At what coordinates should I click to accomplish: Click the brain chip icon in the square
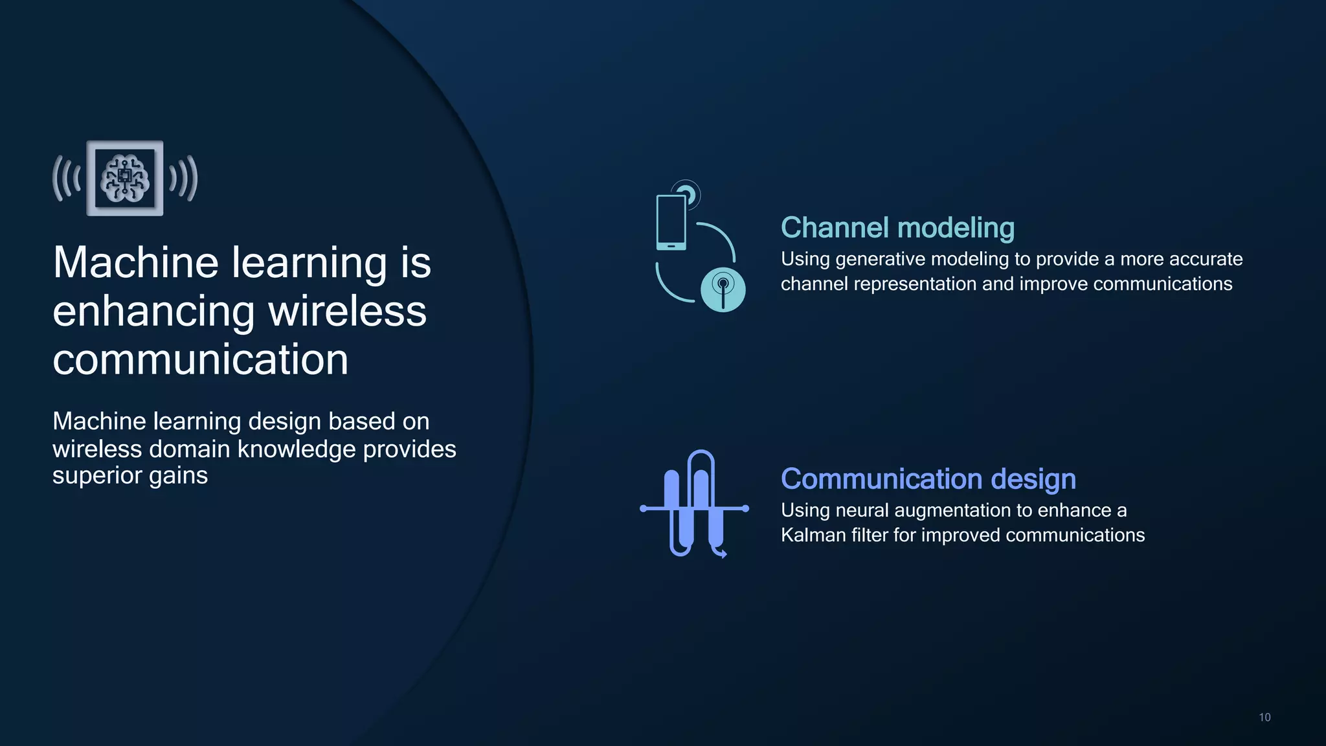pos(125,178)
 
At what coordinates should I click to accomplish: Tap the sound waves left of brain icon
pos(67,178)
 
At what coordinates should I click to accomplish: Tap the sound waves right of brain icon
pos(183,178)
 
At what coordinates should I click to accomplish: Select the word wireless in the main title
pos(347,311)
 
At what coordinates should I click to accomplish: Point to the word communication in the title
pos(200,360)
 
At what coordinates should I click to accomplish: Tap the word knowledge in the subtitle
pos(295,449)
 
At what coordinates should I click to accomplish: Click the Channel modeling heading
pos(897,228)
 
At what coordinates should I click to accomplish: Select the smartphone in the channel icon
pos(671,221)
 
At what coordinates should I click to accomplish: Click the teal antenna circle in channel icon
pos(723,289)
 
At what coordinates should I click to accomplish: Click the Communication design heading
pos(928,479)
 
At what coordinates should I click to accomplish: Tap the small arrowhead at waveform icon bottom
pos(723,554)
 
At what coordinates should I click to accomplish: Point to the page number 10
pos(1264,718)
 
